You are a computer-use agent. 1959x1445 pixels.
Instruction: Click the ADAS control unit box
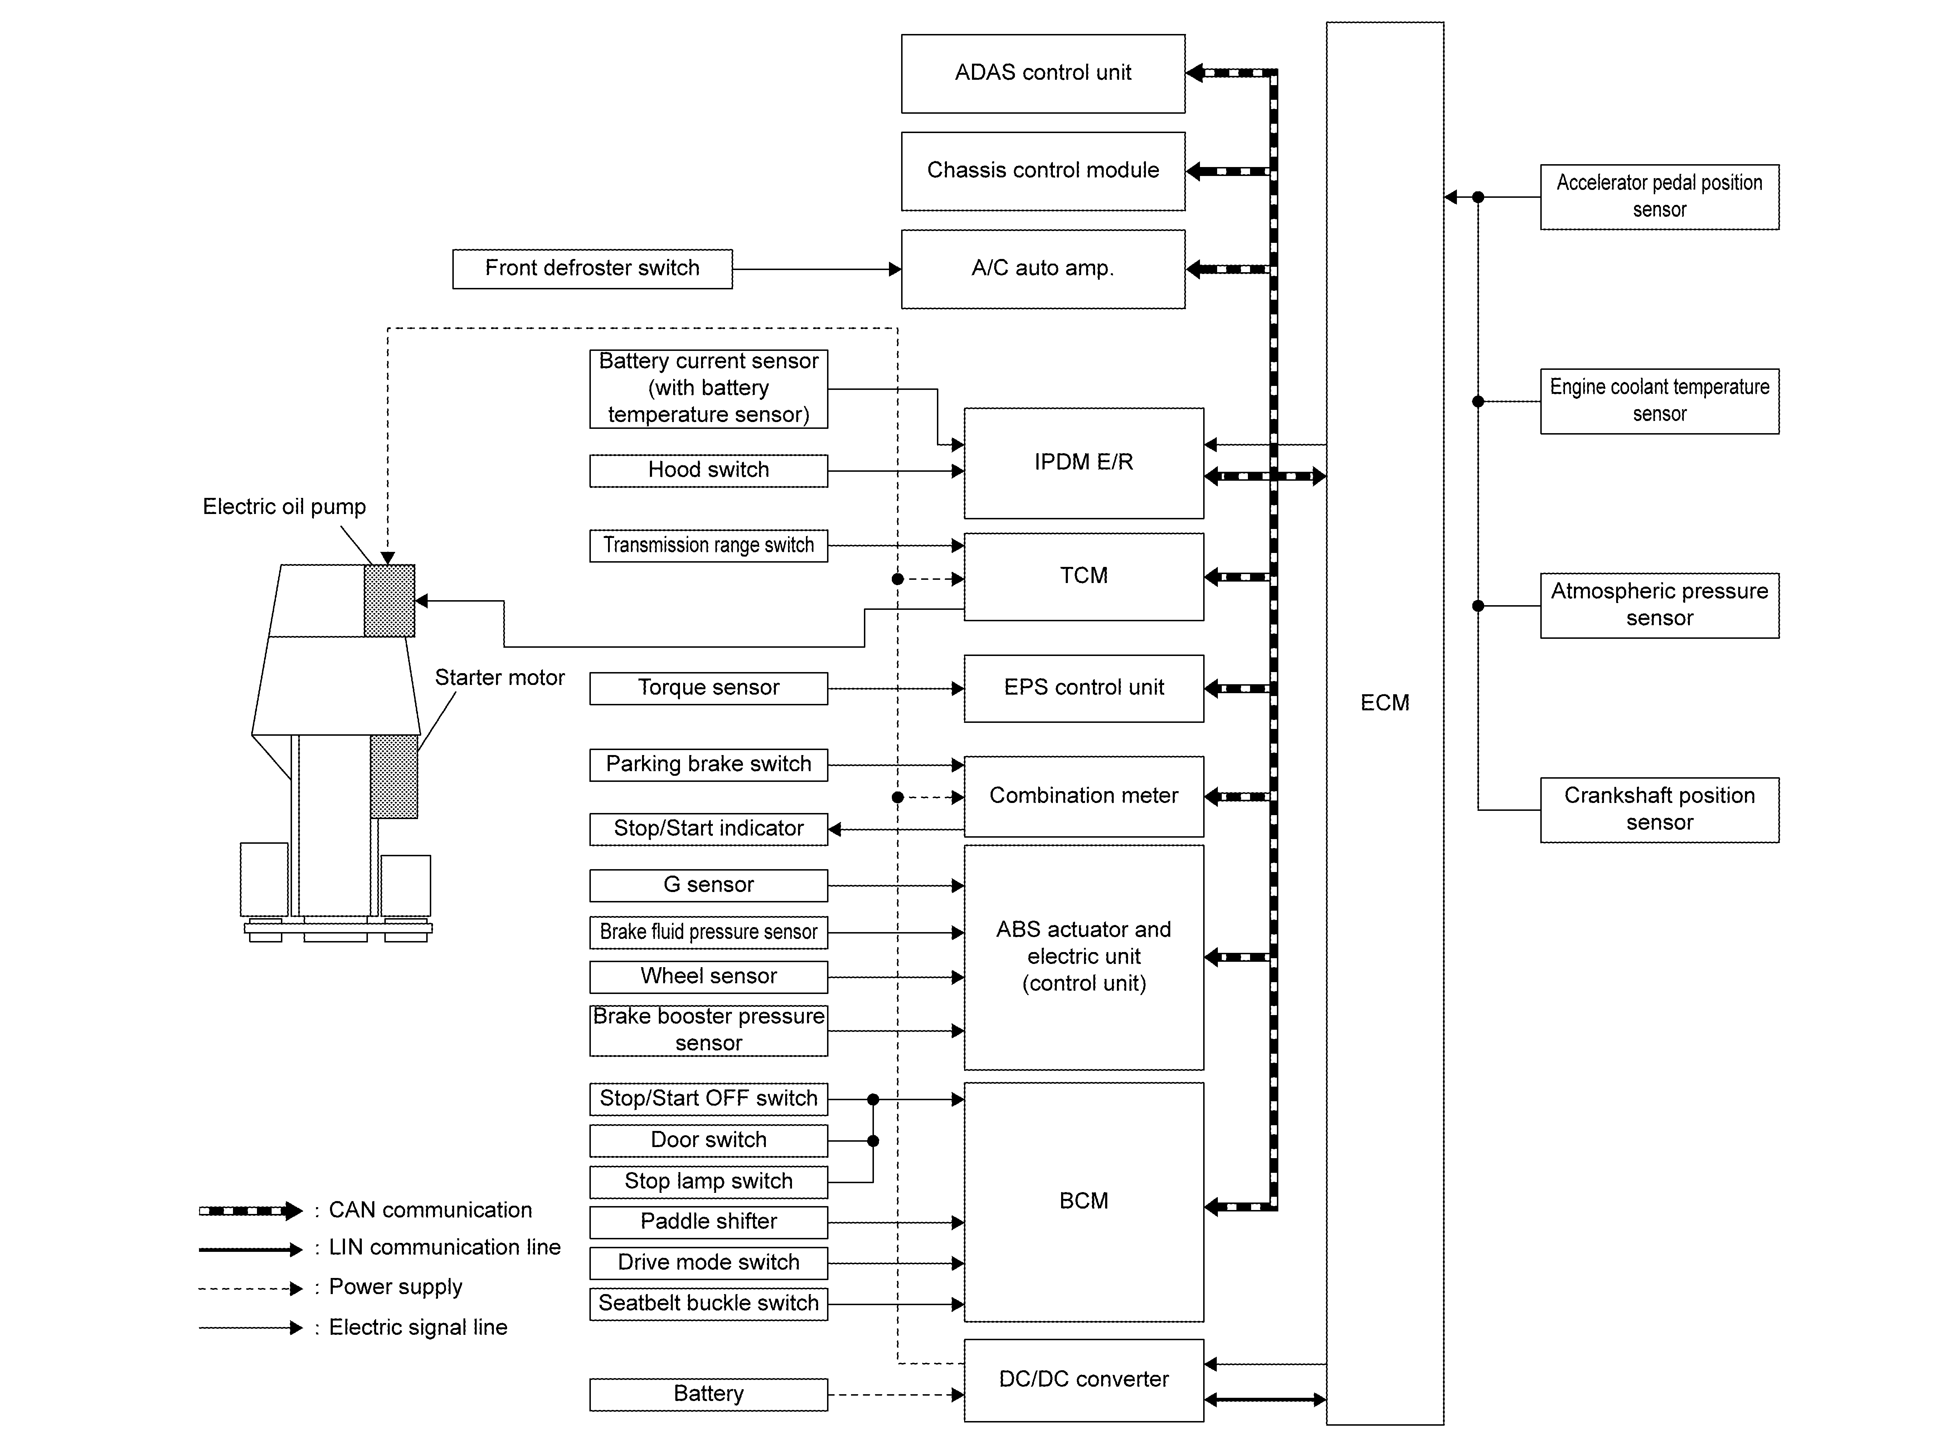tap(1043, 73)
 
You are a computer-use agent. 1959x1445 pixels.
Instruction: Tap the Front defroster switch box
tap(592, 269)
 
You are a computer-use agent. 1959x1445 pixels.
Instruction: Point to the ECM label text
tap(1384, 703)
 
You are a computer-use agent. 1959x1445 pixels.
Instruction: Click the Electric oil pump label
tap(285, 507)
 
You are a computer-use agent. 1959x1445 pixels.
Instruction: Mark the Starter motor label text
tap(500, 678)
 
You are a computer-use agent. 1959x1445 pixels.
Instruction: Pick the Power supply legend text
tap(395, 1288)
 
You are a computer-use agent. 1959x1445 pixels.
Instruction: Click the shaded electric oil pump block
tap(389, 601)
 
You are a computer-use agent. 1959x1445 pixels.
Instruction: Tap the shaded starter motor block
tap(394, 777)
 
